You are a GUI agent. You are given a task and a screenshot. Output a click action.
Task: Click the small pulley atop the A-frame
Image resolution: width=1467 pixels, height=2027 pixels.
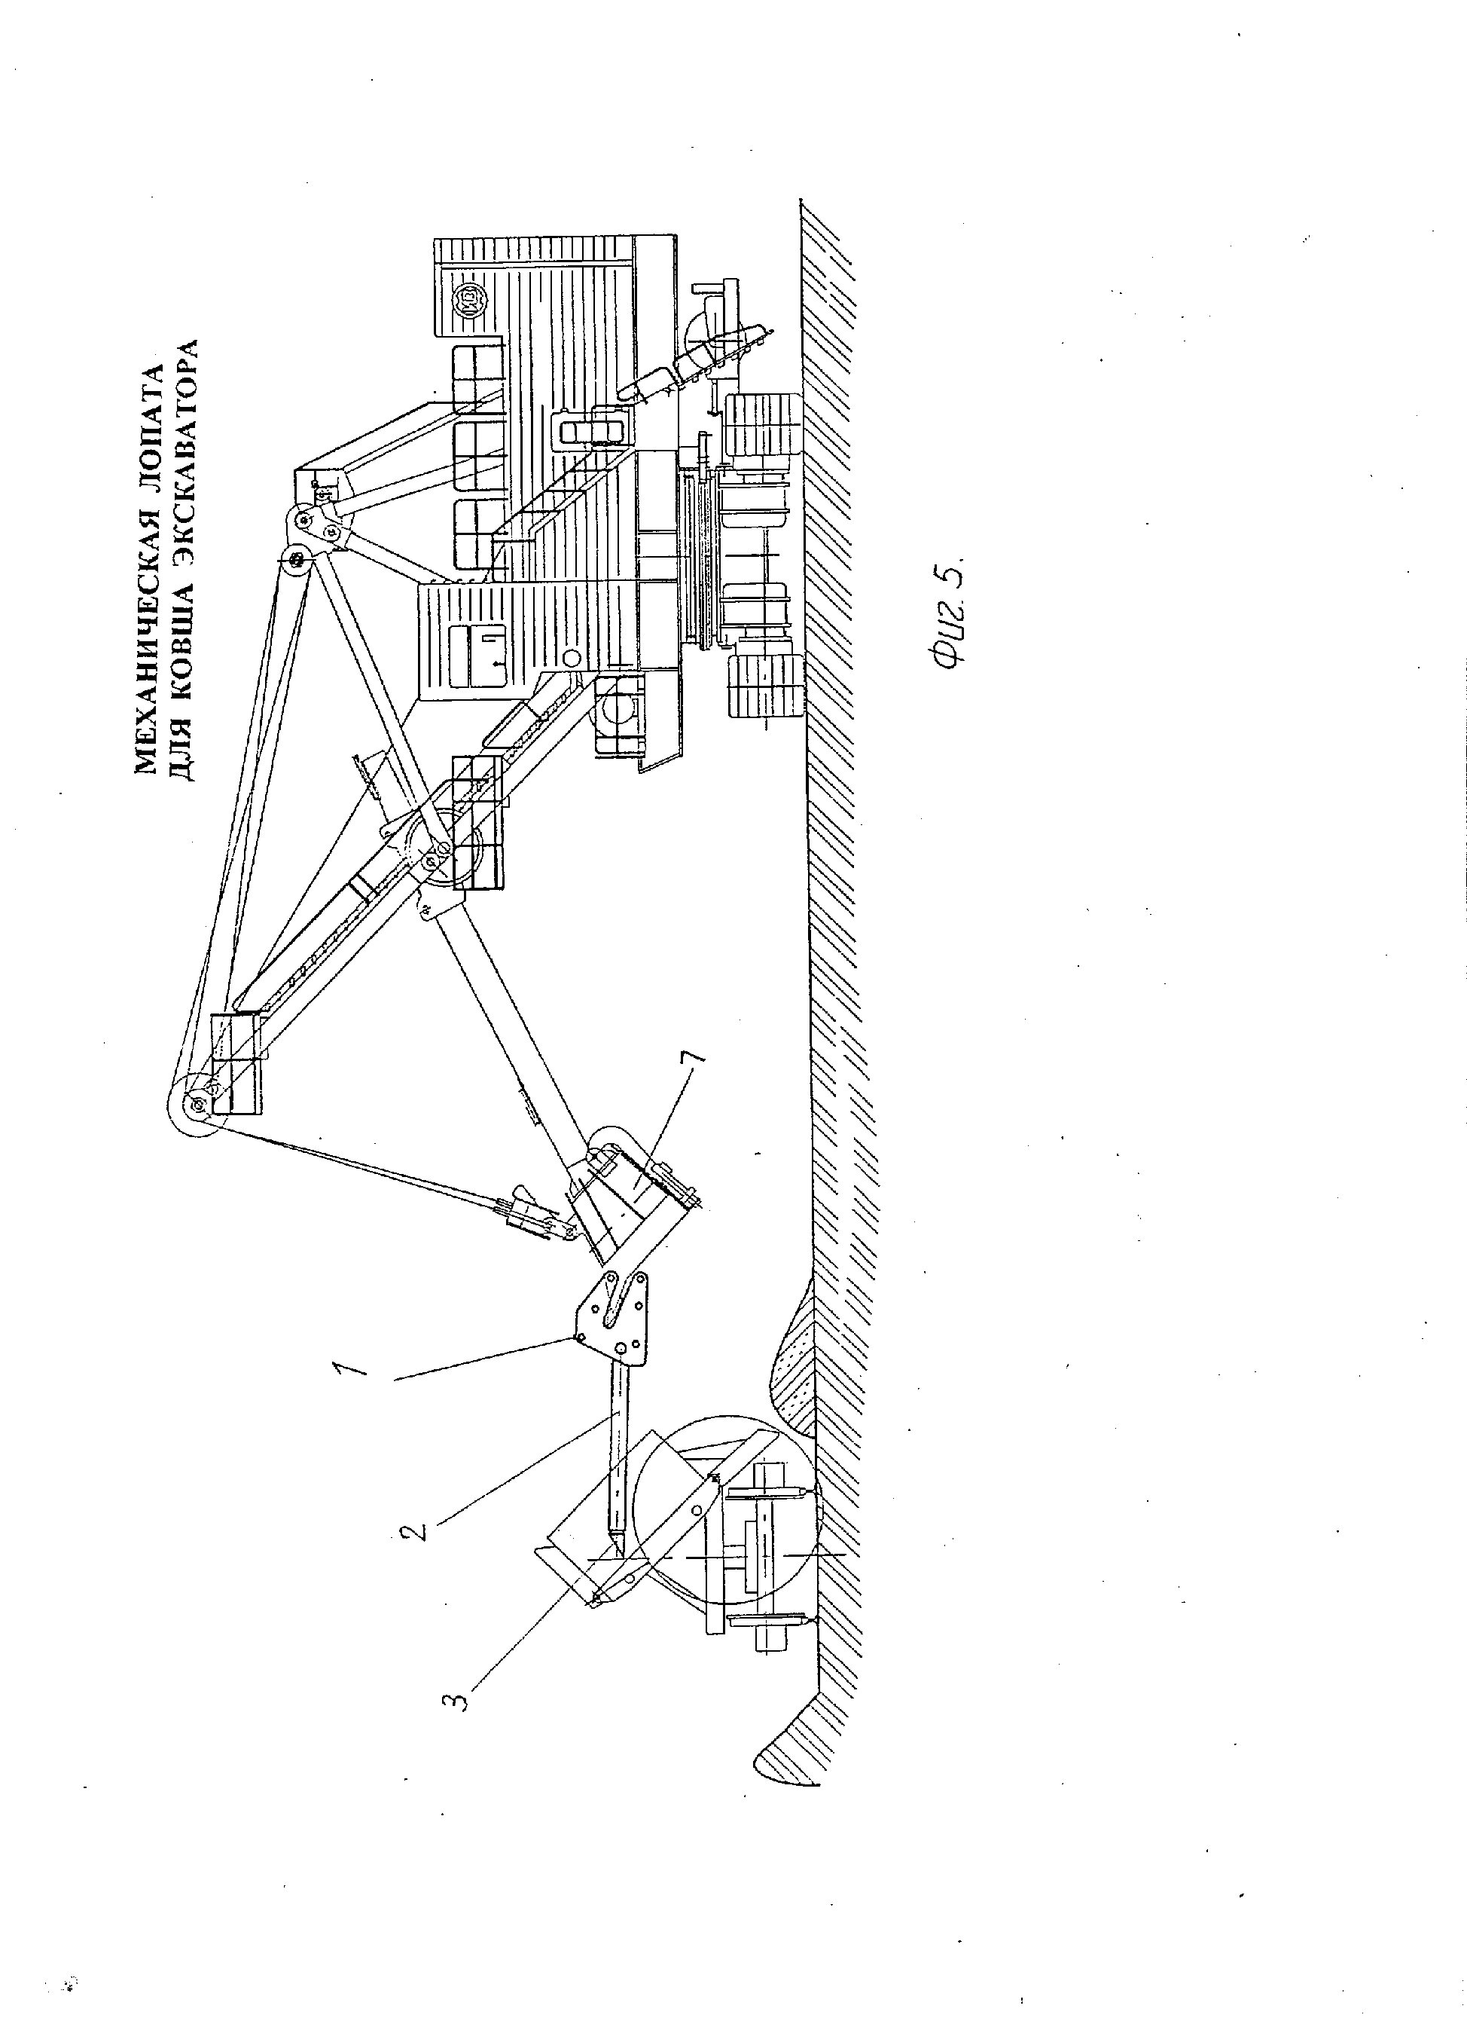click(x=293, y=561)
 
